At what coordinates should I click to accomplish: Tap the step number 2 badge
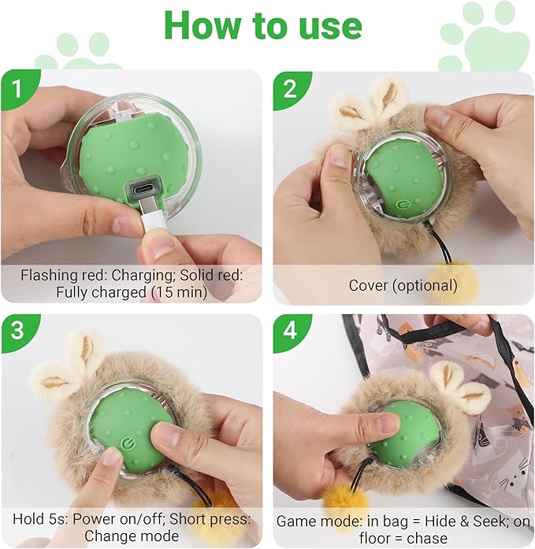(x=288, y=87)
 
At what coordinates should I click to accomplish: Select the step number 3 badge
(x=17, y=332)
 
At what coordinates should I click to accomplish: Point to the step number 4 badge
(x=288, y=332)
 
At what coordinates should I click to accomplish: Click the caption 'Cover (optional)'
(x=403, y=285)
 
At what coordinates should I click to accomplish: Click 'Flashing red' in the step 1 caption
(x=61, y=276)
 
